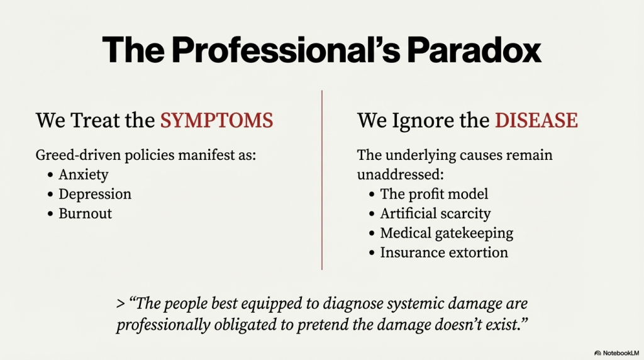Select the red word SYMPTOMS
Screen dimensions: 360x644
[216, 120]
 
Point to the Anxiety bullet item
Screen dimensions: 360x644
[84, 174]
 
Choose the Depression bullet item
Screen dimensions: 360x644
[95, 194]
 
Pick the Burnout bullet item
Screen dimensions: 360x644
[86, 213]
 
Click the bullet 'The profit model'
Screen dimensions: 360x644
[434, 194]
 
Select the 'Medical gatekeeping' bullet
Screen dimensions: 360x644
[447, 233]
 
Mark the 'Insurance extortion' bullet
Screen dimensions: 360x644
[444, 252]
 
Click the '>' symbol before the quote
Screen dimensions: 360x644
[120, 304]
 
